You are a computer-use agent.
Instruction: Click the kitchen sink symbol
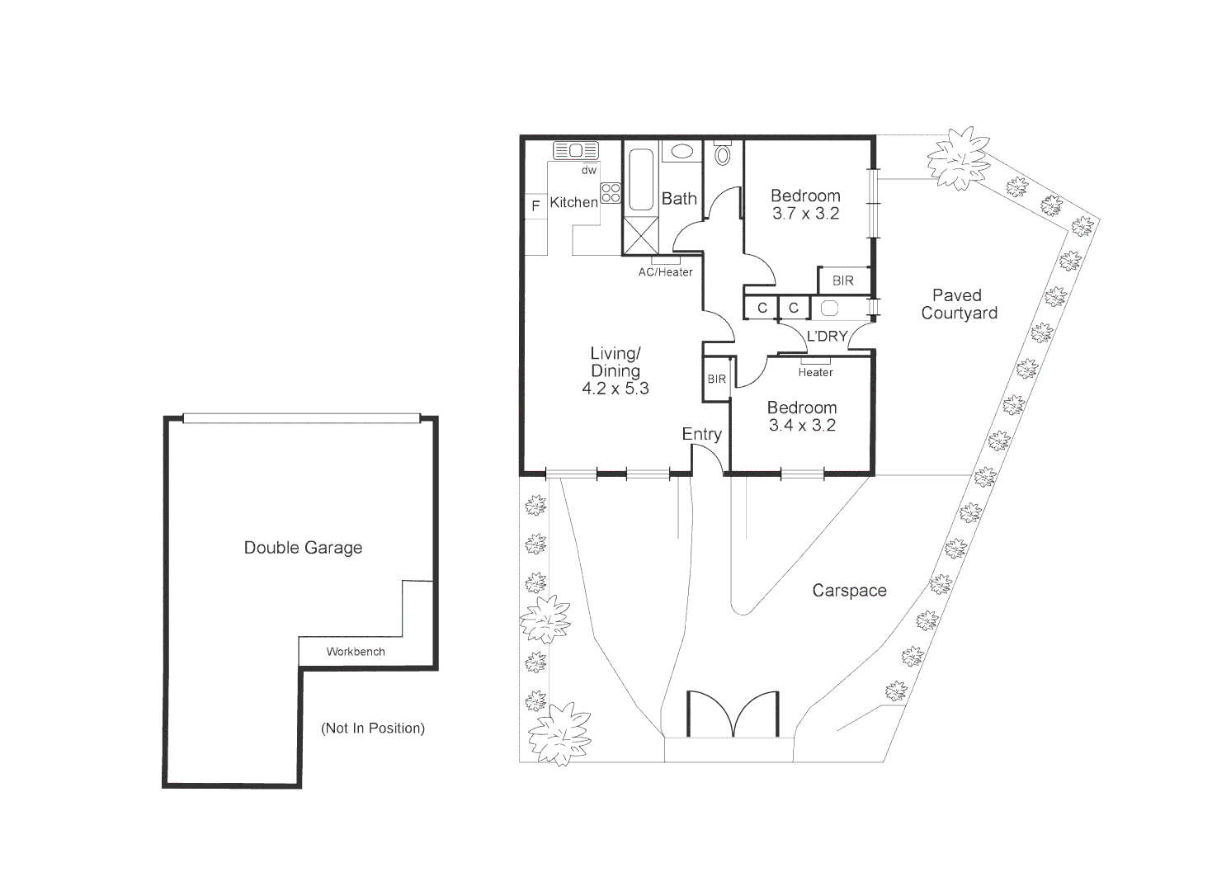pyautogui.click(x=576, y=150)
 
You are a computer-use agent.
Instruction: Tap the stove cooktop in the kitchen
pyautogui.click(x=611, y=193)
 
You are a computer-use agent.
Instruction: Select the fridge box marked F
pyautogui.click(x=535, y=206)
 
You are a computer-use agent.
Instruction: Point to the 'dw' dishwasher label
pyautogui.click(x=588, y=171)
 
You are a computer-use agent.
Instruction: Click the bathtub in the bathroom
pyautogui.click(x=641, y=180)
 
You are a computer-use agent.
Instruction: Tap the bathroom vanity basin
pyautogui.click(x=681, y=152)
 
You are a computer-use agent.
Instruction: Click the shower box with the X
pyautogui.click(x=641, y=235)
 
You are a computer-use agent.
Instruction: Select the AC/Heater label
pyautogui.click(x=665, y=272)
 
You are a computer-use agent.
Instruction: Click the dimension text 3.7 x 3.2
pyautogui.click(x=805, y=214)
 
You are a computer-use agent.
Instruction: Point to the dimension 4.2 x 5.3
pyautogui.click(x=615, y=389)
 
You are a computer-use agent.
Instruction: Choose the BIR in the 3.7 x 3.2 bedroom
pyautogui.click(x=843, y=280)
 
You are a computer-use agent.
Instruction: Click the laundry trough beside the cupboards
pyautogui.click(x=830, y=309)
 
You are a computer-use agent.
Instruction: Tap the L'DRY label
pyautogui.click(x=827, y=336)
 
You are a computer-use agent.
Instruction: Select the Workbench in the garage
pyautogui.click(x=356, y=651)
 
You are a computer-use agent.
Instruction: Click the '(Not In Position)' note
pyautogui.click(x=373, y=728)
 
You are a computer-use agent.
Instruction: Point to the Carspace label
pyautogui.click(x=849, y=590)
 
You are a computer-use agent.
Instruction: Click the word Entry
pyautogui.click(x=701, y=434)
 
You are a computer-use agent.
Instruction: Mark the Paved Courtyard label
pyautogui.click(x=958, y=304)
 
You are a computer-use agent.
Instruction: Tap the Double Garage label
pyautogui.click(x=303, y=547)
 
